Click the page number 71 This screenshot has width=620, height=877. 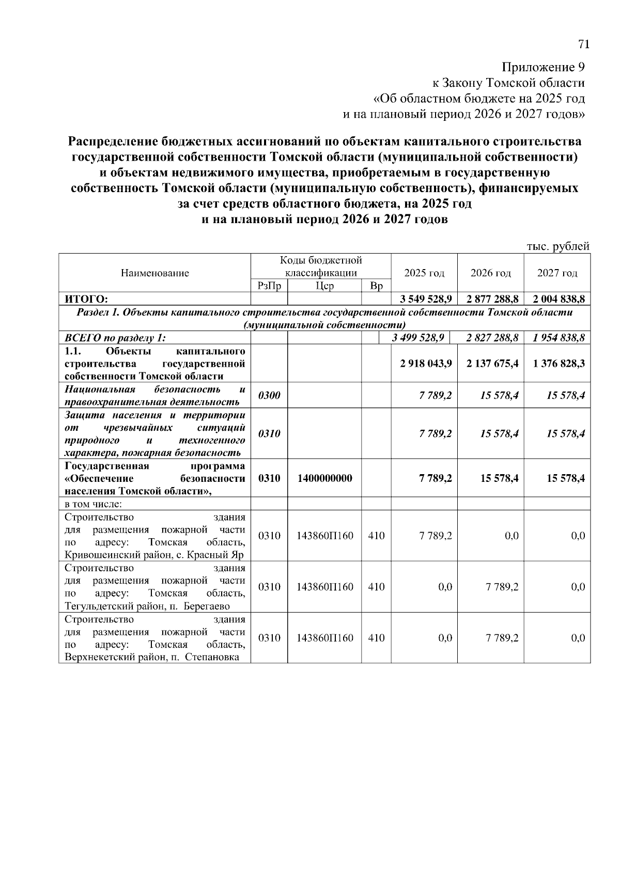583,44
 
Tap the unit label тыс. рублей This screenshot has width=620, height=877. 557,247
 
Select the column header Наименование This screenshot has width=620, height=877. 154,273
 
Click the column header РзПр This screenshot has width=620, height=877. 269,286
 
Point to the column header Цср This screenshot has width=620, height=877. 324,286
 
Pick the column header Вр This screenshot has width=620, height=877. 376,286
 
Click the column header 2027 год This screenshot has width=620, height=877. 557,273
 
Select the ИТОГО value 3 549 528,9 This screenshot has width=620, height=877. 426,299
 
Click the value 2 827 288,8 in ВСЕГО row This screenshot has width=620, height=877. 492,338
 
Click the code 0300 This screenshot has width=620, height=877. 269,396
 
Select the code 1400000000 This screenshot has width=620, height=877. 324,478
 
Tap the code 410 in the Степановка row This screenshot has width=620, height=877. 376,638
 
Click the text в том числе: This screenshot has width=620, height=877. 93,504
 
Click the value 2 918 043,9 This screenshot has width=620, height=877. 426,364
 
